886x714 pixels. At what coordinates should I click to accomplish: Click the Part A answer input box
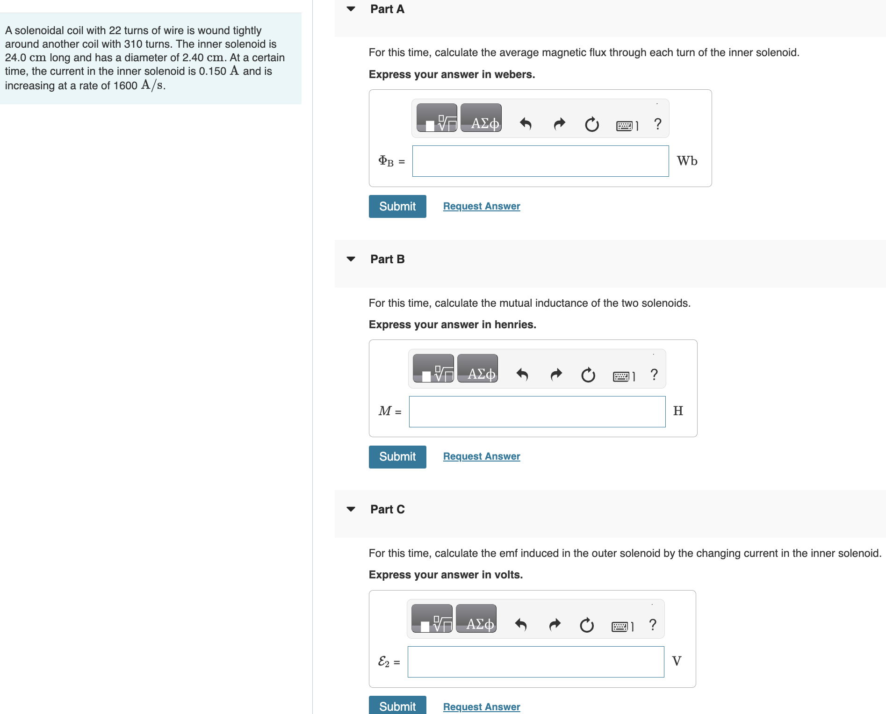(x=540, y=161)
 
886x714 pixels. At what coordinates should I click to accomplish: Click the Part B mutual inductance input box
(x=537, y=411)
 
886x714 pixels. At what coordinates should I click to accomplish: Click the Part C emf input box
(x=535, y=662)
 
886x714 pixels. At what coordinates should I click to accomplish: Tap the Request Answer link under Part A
(x=482, y=206)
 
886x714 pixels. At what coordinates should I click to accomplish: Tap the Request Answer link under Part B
(x=482, y=456)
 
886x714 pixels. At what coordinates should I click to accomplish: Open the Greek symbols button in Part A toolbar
(x=481, y=118)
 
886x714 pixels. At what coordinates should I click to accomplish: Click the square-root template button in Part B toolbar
(x=433, y=368)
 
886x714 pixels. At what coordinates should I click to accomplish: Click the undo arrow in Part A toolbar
(x=526, y=124)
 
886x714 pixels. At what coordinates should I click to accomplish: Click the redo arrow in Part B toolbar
(x=556, y=375)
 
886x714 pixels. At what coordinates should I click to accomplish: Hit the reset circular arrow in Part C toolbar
(x=587, y=625)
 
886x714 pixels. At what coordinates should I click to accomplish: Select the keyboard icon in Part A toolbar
(x=627, y=125)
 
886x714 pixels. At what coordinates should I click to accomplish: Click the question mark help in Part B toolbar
(x=654, y=375)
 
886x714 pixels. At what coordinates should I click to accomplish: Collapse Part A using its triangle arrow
(x=351, y=9)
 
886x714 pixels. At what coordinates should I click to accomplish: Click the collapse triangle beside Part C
(x=351, y=509)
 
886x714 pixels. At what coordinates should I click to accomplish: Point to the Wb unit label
(x=687, y=161)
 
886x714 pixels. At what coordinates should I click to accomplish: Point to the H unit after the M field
(x=678, y=411)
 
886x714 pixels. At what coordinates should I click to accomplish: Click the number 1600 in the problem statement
(x=125, y=86)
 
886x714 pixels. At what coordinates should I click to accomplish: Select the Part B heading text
(x=387, y=259)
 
